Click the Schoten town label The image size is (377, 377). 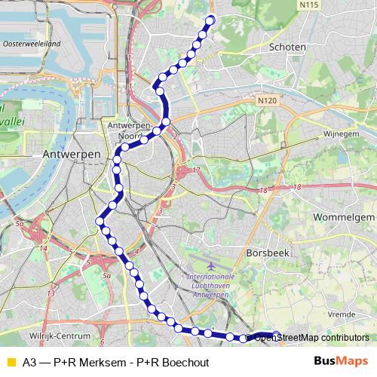287,47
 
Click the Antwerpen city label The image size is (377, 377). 72,153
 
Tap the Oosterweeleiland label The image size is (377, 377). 32,44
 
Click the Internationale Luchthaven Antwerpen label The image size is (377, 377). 210,287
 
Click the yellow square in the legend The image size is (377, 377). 10,362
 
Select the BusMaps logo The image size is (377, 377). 341,362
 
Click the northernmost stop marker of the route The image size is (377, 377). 210,20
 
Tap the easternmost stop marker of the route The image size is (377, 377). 277,336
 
